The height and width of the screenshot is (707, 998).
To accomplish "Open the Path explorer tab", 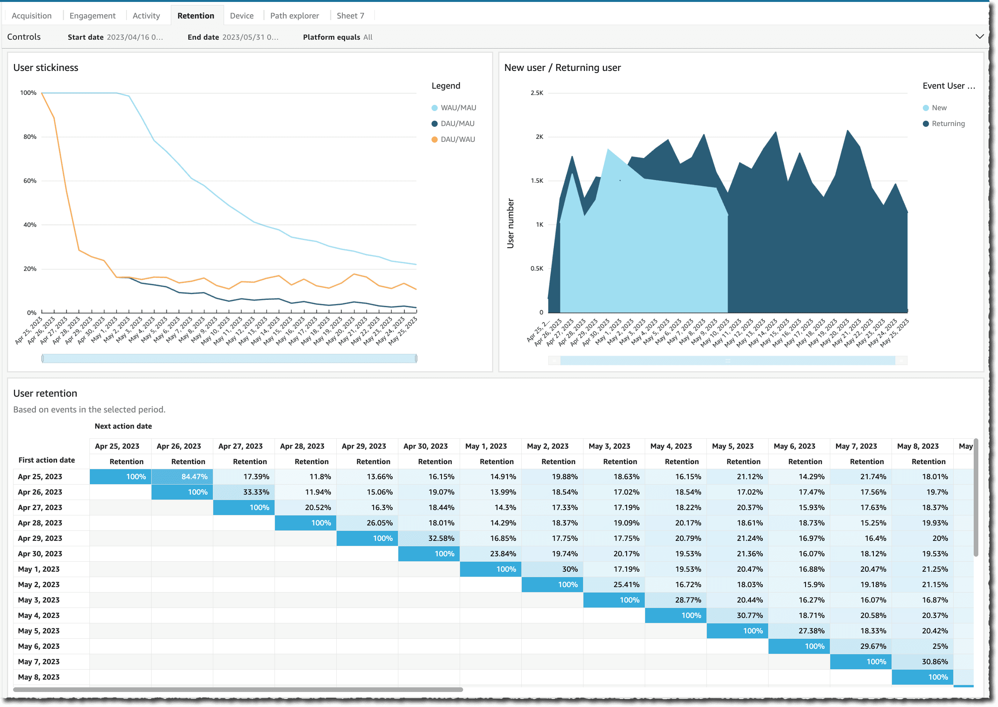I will (294, 16).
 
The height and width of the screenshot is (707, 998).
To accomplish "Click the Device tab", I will (242, 16).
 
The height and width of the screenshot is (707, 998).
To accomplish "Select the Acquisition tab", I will (31, 16).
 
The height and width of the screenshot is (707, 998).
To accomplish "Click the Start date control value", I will (135, 37).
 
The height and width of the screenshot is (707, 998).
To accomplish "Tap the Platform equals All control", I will (337, 37).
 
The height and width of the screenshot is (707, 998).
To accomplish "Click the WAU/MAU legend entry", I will (458, 108).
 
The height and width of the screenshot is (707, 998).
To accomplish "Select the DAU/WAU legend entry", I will (457, 139).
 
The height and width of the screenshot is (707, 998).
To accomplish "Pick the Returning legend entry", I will (948, 124).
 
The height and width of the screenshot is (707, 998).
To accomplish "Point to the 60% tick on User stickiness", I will (30, 181).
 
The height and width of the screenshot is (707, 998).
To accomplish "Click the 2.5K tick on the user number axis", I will (536, 93).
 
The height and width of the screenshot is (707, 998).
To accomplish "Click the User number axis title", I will (510, 223).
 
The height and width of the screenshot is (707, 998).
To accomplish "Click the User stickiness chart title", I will (46, 67).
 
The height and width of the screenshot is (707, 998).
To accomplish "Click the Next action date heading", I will (123, 426).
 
